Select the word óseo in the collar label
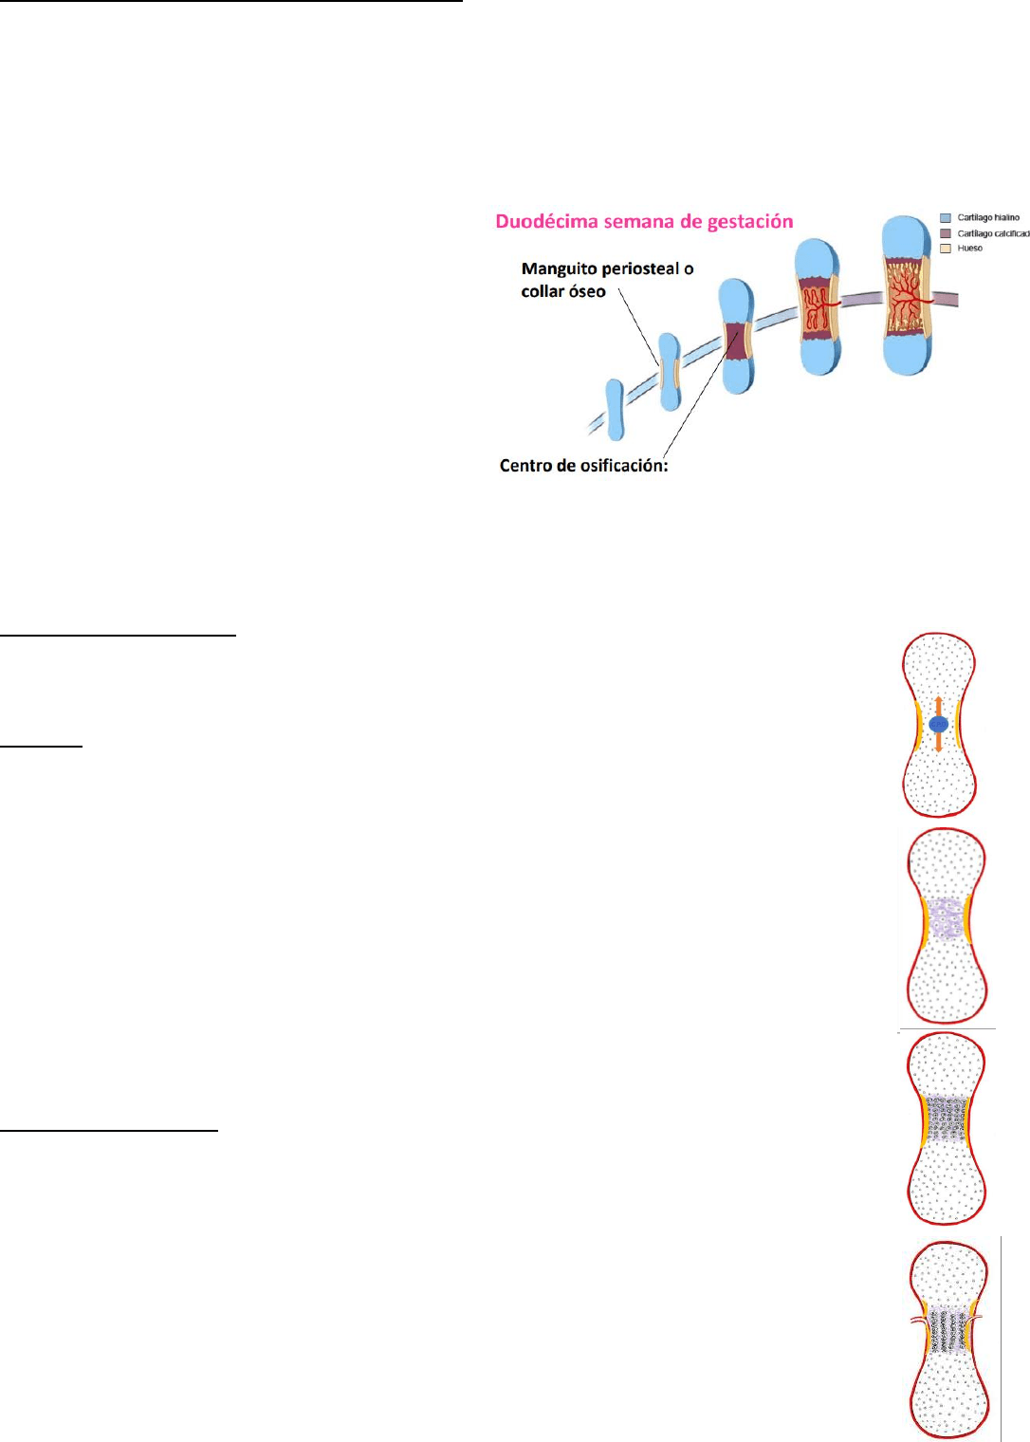588,291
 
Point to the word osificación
623,466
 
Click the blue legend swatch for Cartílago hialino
945,218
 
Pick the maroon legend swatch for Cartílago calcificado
945,233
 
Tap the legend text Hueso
970,249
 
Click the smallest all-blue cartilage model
615,409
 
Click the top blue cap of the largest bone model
907,237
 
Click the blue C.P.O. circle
939,725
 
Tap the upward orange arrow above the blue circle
939,705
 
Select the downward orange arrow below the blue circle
939,745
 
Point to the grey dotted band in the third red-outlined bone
946,1119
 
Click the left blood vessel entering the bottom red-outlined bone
919,1321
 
